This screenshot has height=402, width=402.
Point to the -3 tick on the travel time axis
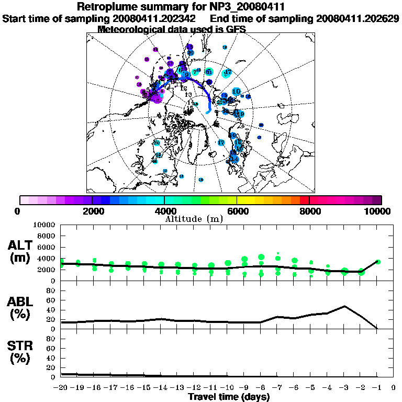click(344, 387)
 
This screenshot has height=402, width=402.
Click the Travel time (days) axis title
click(229, 397)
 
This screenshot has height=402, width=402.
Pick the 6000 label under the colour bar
click(237, 211)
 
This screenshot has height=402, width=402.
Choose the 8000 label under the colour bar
click(309, 211)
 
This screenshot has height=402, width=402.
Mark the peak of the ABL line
click(344, 306)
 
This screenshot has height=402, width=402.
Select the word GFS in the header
click(236, 29)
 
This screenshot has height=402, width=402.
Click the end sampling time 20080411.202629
click(358, 18)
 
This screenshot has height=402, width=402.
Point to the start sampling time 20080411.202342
click(155, 18)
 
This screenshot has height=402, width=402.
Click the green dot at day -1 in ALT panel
click(378, 262)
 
